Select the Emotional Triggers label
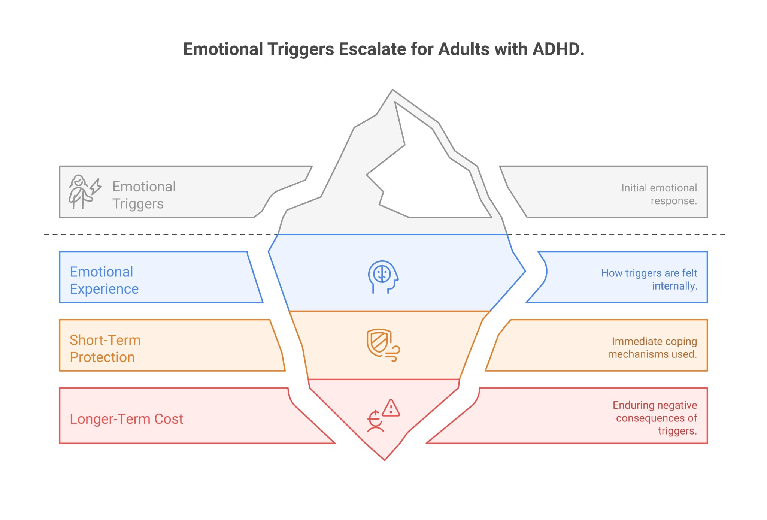point(143,195)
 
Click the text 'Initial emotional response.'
point(659,194)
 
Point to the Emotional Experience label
point(104,280)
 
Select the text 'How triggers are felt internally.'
point(649,279)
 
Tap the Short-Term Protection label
point(105,348)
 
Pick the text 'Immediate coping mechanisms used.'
point(652,348)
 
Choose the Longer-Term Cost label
point(126,419)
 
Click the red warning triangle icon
point(391,408)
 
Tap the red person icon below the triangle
point(375,422)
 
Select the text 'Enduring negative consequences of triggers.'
point(655,418)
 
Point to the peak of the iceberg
point(392,91)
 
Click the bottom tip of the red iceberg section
point(385,459)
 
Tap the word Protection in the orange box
point(102,357)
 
